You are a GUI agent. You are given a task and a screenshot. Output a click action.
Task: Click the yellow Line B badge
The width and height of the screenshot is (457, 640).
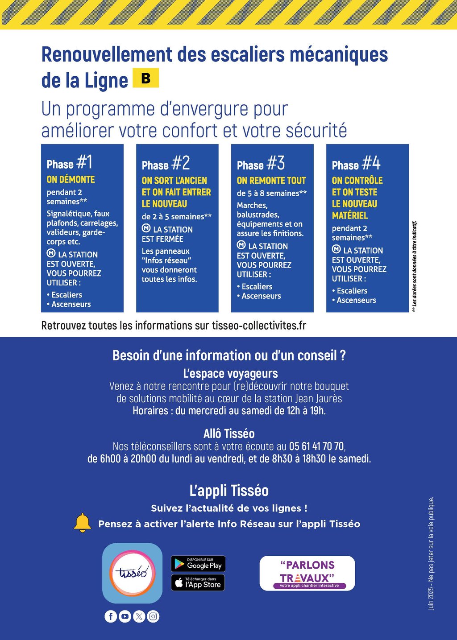[145, 78]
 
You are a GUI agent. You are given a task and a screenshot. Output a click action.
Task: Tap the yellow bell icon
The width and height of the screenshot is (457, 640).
[83, 523]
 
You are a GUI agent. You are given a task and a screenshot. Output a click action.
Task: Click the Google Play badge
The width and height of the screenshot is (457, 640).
[198, 564]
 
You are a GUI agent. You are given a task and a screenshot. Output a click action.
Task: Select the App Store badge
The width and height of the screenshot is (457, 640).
[198, 583]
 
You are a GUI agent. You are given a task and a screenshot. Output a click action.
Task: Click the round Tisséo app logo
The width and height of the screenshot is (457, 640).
[132, 573]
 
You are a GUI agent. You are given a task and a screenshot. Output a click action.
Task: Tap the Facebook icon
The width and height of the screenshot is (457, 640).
[111, 616]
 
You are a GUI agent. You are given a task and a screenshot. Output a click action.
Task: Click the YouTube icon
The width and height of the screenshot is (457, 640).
[125, 616]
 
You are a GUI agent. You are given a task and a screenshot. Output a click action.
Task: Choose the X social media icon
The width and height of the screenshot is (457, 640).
[139, 616]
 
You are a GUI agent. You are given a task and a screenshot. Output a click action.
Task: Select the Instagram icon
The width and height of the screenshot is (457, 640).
[153, 616]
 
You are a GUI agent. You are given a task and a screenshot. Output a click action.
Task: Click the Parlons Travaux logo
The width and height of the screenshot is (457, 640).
[307, 573]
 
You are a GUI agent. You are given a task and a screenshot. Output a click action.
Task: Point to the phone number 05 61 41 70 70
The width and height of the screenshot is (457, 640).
[316, 446]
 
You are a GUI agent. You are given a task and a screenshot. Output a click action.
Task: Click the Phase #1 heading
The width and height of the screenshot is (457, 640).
[70, 163]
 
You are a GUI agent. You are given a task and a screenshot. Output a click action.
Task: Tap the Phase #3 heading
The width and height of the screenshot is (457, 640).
[261, 164]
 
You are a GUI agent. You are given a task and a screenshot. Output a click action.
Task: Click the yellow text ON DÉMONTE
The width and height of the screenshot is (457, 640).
[71, 180]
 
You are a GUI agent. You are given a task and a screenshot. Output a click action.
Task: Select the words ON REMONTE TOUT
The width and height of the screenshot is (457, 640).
[271, 181]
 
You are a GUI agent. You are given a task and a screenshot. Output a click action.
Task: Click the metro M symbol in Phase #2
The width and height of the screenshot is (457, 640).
[146, 228]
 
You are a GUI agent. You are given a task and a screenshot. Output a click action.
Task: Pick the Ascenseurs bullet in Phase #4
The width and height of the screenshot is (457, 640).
[356, 300]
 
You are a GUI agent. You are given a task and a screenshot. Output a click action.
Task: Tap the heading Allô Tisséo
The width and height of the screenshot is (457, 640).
[228, 434]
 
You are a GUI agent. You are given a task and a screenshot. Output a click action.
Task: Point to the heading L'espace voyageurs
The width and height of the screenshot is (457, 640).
[230, 373]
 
